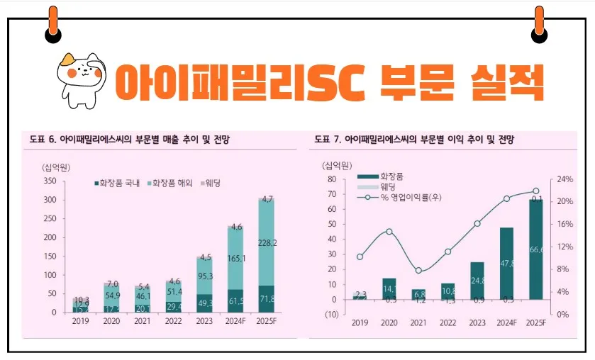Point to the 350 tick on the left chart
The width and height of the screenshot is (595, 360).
49,181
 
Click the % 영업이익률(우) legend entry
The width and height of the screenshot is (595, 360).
405,196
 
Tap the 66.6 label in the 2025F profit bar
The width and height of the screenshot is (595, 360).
537,250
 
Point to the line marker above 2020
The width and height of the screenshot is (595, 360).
389,232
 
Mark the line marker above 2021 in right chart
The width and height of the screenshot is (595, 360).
418,271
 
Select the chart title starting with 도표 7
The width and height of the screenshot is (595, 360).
415,139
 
